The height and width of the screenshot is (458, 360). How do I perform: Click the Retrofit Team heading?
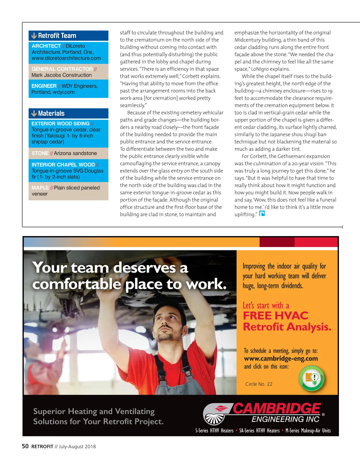pos(57,36)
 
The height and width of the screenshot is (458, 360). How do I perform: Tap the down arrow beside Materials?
pos(34,114)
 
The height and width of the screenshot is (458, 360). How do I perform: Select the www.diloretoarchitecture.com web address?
pos(66,58)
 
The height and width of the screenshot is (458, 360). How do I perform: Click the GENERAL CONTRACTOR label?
pos(62,69)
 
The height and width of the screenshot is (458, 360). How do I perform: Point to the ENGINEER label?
pos(44,86)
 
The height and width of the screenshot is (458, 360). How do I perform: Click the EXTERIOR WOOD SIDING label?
pos(60,124)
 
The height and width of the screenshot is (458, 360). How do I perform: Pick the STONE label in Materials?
pos(40,153)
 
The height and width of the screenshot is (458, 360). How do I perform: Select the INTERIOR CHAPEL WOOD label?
pos(63,165)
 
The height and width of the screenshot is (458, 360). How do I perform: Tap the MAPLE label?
pos(40,188)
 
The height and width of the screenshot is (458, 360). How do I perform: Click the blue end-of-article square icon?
pos(262,214)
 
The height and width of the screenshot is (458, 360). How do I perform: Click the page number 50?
pos(25,446)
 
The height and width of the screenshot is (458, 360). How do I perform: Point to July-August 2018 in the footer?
pos(77,447)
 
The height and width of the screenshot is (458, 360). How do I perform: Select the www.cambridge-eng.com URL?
pos(281,359)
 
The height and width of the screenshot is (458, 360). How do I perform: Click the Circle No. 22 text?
pos(259,384)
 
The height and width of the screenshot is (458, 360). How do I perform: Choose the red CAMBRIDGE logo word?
pos(277,409)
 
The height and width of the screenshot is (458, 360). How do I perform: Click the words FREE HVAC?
pos(275,316)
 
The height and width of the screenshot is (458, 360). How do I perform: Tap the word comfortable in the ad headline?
pos(77,284)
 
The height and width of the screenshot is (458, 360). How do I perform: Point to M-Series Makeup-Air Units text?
pos(308,431)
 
